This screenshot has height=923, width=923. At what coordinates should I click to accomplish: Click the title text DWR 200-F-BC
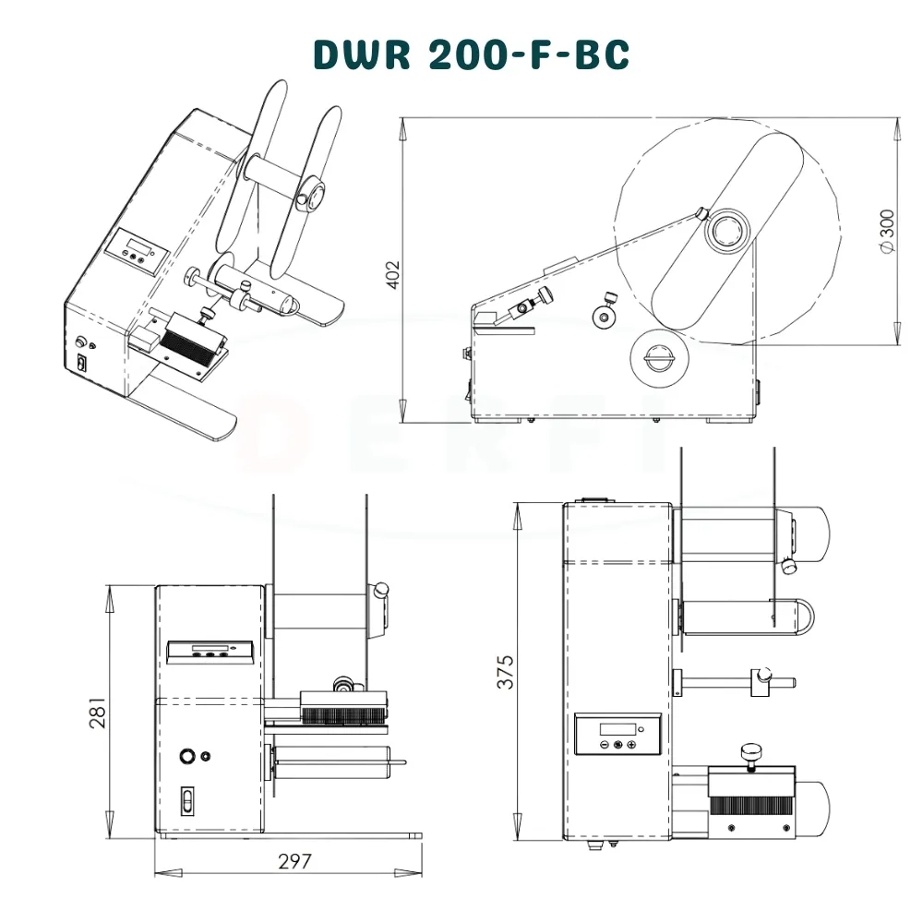[x=472, y=54]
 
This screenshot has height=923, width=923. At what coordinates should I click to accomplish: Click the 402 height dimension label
[x=392, y=274]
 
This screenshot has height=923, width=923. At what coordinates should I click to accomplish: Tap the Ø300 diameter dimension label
[x=887, y=231]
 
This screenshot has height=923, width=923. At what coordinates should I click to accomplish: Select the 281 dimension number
[x=98, y=713]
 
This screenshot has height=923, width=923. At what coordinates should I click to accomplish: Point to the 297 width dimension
[x=294, y=861]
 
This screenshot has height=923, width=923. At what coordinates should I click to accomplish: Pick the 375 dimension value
[x=505, y=672]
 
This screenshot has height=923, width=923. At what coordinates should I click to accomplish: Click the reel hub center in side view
[x=727, y=231]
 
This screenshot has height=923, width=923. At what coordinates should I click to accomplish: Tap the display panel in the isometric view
[x=138, y=251]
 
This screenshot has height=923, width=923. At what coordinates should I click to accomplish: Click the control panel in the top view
[x=617, y=734]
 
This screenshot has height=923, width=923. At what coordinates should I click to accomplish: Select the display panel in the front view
[x=210, y=652]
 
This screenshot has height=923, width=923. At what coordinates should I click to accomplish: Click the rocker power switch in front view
[x=187, y=800]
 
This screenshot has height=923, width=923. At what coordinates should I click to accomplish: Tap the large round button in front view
[x=187, y=755]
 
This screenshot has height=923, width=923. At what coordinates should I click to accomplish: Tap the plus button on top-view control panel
[x=631, y=745]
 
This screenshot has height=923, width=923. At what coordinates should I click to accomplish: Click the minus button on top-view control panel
[x=605, y=745]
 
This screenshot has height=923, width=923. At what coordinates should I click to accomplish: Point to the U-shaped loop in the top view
[x=792, y=617]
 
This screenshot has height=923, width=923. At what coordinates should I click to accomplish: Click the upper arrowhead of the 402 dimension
[x=402, y=128]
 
